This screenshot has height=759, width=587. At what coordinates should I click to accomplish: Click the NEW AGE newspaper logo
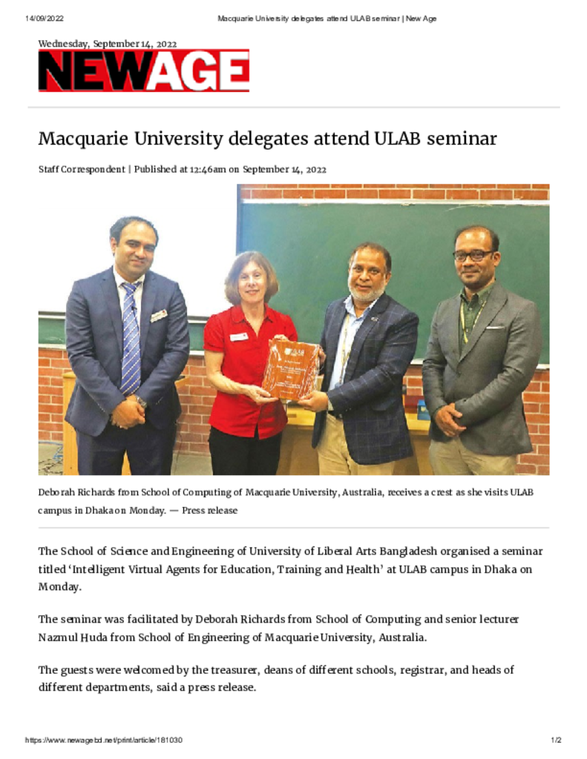pos(143,71)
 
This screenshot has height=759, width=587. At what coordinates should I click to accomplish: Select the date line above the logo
pos(108,44)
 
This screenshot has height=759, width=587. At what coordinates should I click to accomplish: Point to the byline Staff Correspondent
pos(82,169)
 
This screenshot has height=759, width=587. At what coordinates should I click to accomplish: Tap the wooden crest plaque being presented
pos(290,369)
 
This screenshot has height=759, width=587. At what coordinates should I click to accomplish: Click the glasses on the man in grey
pos(473,255)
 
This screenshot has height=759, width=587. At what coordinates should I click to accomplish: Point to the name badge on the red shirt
pos(238,337)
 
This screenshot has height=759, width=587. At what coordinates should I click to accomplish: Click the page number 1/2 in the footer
pos(555,740)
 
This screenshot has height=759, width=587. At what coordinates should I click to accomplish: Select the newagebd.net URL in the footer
pos(104,740)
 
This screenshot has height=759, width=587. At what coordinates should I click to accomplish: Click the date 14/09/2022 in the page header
pos(42,19)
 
